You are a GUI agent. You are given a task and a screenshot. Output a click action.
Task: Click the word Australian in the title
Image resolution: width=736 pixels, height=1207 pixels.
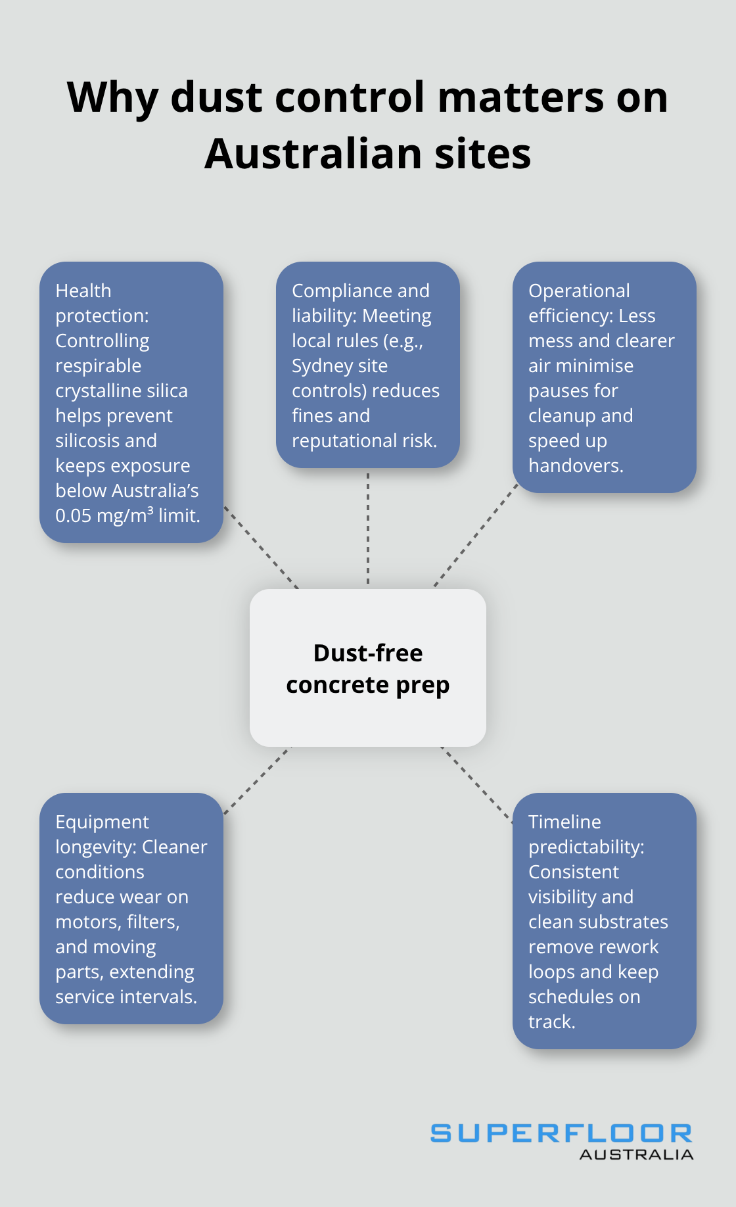(313, 154)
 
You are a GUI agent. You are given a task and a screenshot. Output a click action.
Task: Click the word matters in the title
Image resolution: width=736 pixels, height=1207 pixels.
(520, 97)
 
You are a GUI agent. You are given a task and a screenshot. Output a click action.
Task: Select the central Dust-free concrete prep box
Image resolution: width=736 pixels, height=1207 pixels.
(368, 668)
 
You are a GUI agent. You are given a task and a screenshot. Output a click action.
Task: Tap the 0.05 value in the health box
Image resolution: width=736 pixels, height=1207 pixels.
(73, 515)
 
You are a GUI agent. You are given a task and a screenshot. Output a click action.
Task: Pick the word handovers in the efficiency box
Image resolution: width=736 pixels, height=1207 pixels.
(575, 465)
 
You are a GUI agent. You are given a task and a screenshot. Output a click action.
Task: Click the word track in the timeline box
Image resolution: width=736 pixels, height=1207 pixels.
(551, 1022)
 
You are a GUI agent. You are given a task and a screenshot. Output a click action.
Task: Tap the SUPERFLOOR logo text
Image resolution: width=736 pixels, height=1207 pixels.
(561, 1133)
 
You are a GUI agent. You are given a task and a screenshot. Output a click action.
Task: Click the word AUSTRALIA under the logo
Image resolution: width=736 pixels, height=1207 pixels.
(636, 1154)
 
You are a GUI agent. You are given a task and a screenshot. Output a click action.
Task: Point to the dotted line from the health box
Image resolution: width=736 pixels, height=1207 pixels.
(261, 547)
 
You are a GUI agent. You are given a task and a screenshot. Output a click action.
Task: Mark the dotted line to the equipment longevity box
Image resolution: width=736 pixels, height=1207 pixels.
(256, 781)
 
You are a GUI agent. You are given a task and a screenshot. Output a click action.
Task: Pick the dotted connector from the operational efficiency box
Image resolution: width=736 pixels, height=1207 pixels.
(476, 536)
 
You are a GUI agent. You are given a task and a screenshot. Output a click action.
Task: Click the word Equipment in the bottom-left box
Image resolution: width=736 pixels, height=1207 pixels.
(102, 822)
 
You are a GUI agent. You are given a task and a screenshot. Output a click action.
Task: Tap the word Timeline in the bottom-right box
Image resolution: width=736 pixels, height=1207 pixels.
(564, 822)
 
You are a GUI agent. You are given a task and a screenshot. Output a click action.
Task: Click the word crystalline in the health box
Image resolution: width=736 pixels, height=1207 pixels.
(99, 390)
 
